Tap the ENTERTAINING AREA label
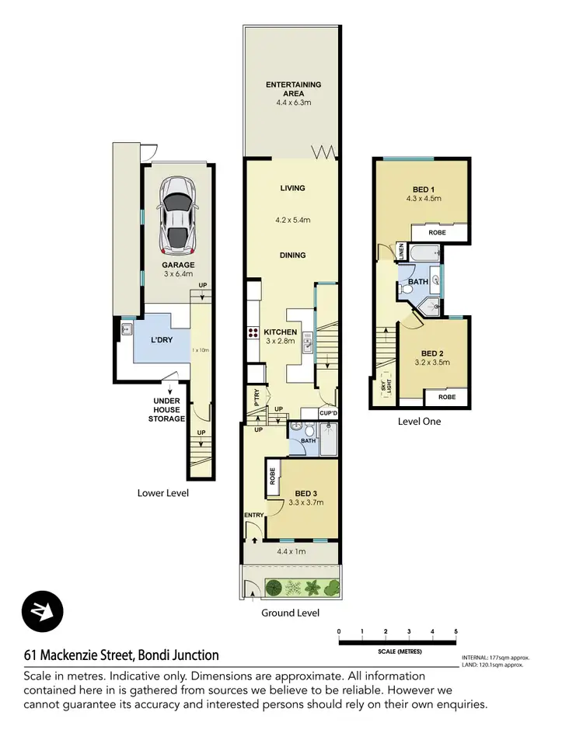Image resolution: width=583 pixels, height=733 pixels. (293, 89)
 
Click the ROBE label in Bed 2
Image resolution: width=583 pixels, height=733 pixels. (446, 397)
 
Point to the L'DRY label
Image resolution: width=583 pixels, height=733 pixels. (161, 340)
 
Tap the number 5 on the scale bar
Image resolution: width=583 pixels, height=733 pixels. (456, 631)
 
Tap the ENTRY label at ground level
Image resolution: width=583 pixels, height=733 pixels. (253, 515)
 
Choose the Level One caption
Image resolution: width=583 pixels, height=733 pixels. (419, 422)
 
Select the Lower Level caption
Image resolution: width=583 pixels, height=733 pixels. (162, 493)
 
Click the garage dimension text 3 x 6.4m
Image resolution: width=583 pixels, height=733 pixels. (178, 274)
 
